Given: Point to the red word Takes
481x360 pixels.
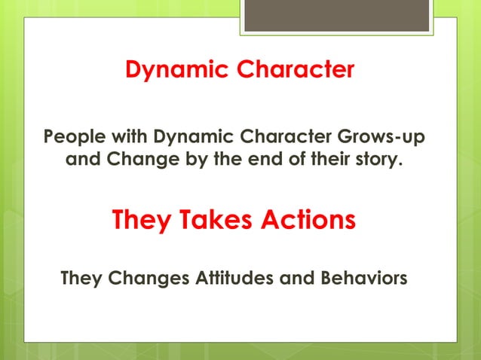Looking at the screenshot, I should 214,221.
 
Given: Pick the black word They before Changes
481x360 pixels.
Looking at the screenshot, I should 81,279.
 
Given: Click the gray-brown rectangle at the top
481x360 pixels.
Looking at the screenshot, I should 336,15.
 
